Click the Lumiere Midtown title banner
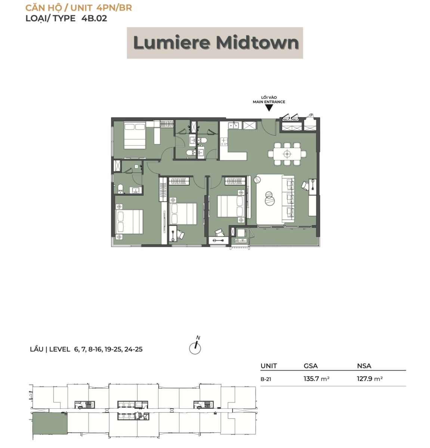tap(215, 43)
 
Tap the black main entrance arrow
tap(269, 108)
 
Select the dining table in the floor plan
tap(287, 153)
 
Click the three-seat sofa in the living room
tap(288, 199)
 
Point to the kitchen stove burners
tap(224, 141)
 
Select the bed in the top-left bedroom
tap(135, 136)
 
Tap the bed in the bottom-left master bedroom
tap(130, 221)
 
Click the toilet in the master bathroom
tap(120, 189)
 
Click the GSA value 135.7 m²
tap(316, 379)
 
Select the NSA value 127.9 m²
tap(370, 379)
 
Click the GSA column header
tap(311, 366)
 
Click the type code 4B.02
tap(95, 18)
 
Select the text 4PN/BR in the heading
tap(114, 7)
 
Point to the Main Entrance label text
tap(269, 102)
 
